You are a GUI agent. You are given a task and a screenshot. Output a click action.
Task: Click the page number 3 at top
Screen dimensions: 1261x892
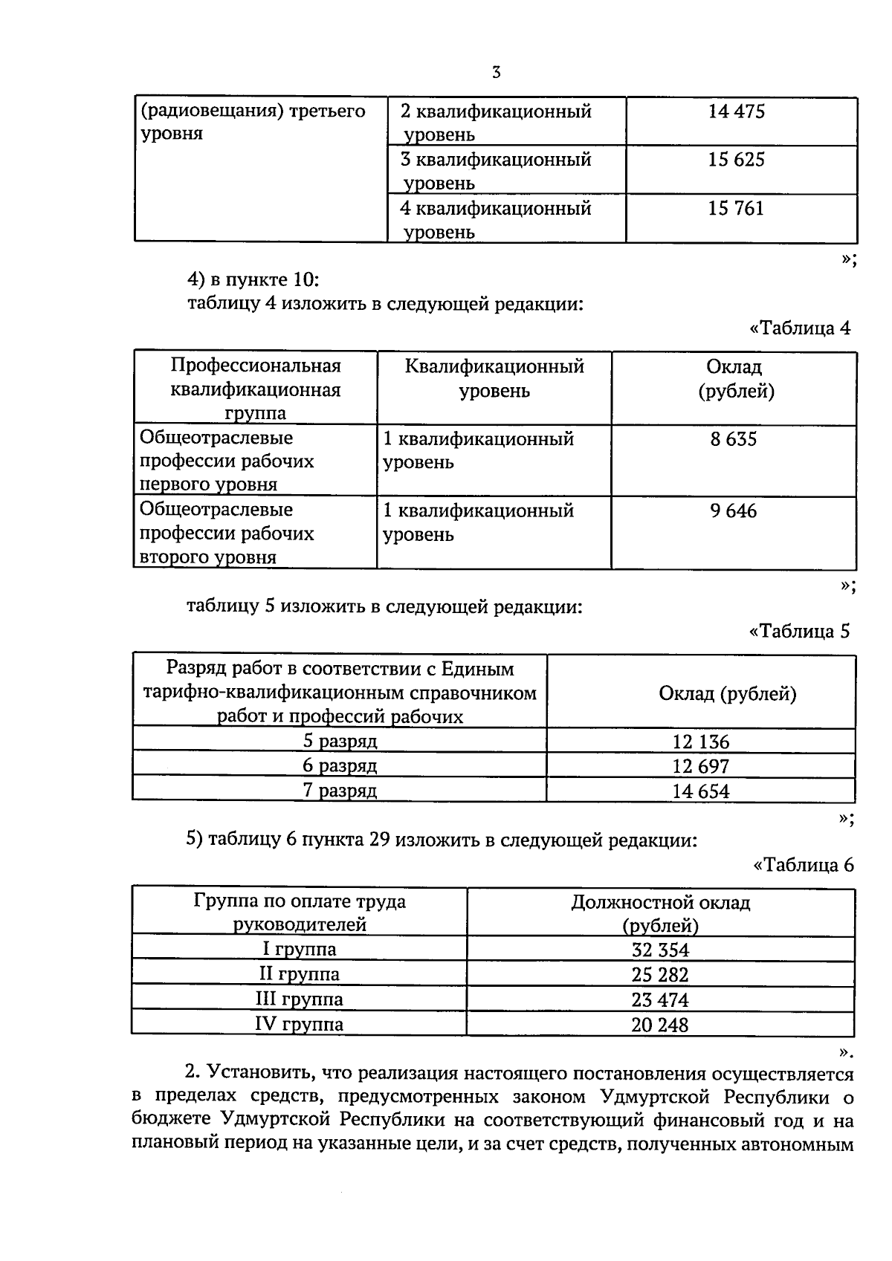(497, 73)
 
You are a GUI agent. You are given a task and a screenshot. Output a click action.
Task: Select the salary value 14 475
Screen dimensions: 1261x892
(736, 112)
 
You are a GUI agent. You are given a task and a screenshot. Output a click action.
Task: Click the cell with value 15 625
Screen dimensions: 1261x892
(736, 161)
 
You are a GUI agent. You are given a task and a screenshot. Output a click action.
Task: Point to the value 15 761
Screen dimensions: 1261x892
(736, 209)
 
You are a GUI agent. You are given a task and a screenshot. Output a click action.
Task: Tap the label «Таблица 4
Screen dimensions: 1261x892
(800, 328)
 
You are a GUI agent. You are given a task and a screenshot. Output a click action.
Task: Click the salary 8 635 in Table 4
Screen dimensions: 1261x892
(733, 439)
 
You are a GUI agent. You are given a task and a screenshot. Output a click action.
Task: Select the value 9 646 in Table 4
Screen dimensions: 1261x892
(733, 511)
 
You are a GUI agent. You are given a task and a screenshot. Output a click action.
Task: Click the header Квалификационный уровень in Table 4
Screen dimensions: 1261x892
(494, 378)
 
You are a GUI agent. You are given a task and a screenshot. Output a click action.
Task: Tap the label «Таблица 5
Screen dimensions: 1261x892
(799, 632)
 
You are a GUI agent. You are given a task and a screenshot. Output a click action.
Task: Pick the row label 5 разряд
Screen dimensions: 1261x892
(340, 741)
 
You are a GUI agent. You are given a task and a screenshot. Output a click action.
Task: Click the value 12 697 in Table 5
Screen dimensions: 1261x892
(700, 766)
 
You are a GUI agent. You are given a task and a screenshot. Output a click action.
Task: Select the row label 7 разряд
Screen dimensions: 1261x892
(340, 791)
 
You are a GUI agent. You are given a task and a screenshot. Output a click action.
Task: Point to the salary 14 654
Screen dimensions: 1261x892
(700, 791)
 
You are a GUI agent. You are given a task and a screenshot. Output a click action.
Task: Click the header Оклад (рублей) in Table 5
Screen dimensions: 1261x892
(727, 694)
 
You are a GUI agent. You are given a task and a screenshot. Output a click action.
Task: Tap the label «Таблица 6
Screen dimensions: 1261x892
(804, 865)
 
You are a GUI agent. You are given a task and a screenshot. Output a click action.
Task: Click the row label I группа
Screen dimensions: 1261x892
(300, 949)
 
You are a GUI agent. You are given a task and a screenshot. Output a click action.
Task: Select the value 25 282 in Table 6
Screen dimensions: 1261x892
(660, 975)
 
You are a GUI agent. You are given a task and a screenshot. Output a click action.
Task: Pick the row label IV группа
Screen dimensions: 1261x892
(300, 1025)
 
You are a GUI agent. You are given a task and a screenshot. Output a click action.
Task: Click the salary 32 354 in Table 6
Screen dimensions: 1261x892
(660, 950)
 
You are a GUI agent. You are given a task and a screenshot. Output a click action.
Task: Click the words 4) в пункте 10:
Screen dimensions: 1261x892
(253, 280)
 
